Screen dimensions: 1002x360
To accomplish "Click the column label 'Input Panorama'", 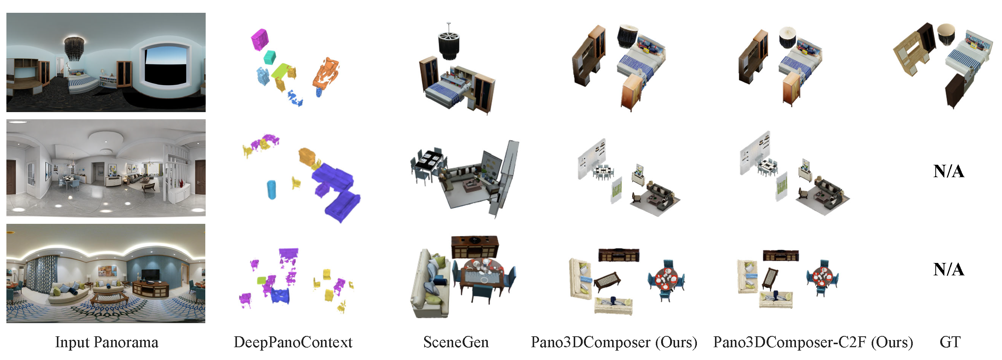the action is (x=107, y=342).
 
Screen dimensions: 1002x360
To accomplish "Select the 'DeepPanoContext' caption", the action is (x=293, y=342).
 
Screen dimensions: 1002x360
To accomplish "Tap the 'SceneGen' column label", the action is (x=456, y=342).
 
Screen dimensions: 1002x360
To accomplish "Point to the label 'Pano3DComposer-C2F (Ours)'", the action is (x=813, y=342).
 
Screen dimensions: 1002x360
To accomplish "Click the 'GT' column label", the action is (x=950, y=342).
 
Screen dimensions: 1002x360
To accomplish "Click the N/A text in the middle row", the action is (x=949, y=171).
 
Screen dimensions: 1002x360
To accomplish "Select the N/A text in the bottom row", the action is (x=949, y=269).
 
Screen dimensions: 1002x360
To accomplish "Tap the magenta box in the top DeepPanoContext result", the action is (x=260, y=39).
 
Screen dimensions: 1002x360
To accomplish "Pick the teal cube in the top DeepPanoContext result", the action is (x=270, y=58).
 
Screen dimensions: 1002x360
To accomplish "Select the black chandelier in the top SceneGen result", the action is (x=449, y=43).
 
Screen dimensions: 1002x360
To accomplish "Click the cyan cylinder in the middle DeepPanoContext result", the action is (x=272, y=190).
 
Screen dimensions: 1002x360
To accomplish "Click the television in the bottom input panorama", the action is (x=150, y=275).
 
